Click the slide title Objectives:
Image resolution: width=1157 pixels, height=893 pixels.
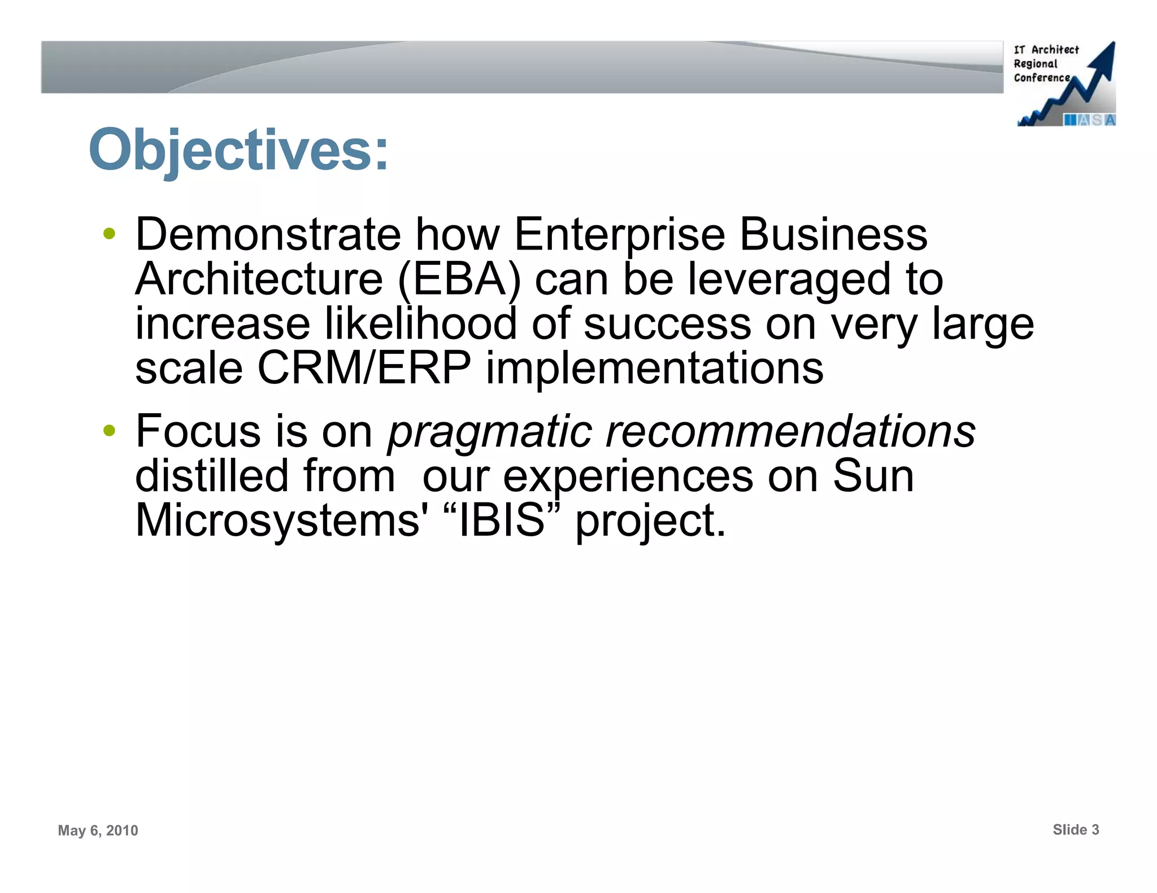238,150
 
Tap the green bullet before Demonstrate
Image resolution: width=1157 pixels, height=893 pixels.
110,233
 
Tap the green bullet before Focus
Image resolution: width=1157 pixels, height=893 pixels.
110,431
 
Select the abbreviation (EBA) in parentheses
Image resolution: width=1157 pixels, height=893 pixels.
459,279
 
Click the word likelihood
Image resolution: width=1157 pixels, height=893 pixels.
421,323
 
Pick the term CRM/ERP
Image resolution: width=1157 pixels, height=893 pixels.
364,368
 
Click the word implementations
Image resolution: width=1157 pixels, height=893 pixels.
654,368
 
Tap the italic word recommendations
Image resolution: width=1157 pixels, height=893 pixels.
790,431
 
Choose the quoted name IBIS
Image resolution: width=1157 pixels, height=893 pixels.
501,520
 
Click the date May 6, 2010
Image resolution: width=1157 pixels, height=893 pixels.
98,830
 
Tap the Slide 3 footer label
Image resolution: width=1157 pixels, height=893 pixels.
1076,829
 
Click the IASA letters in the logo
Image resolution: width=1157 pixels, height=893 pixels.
1089,120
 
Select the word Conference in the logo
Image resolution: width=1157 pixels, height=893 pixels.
1041,78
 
